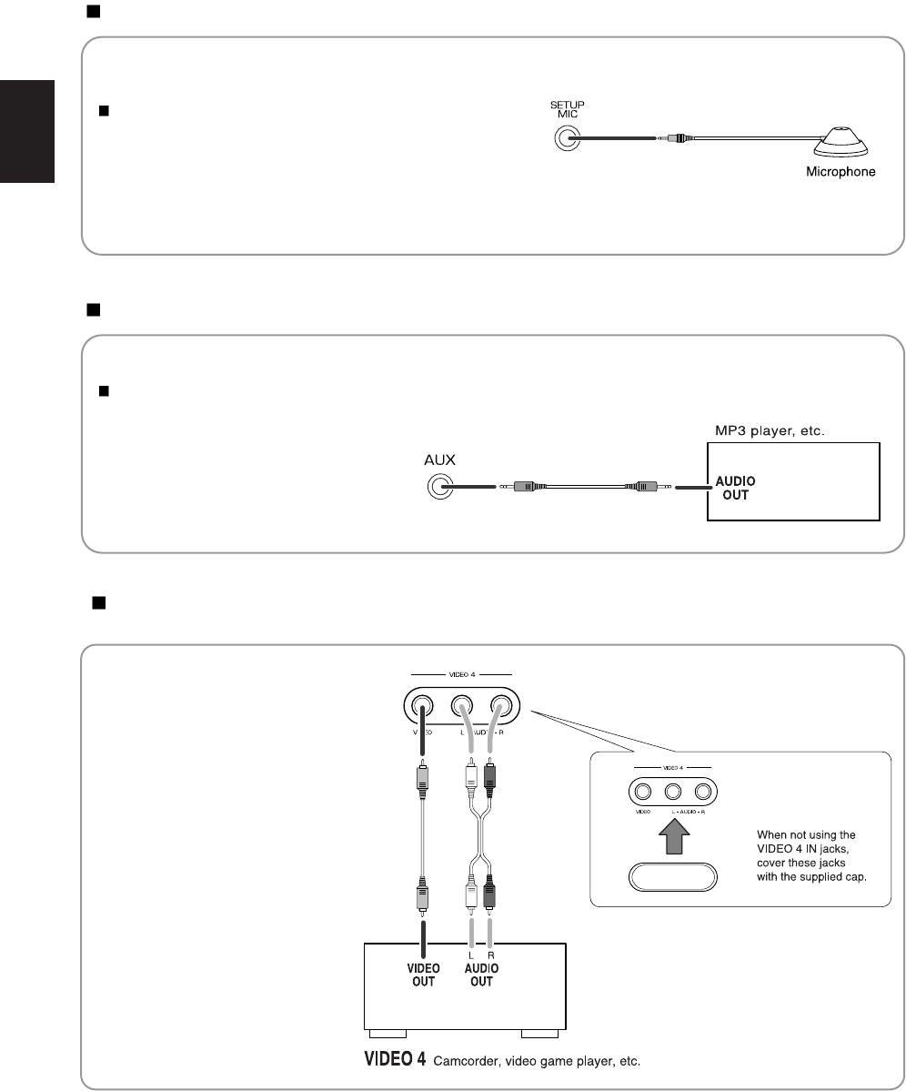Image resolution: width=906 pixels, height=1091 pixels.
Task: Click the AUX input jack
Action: tap(440, 488)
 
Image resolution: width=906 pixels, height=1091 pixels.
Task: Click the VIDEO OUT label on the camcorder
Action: tap(423, 975)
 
